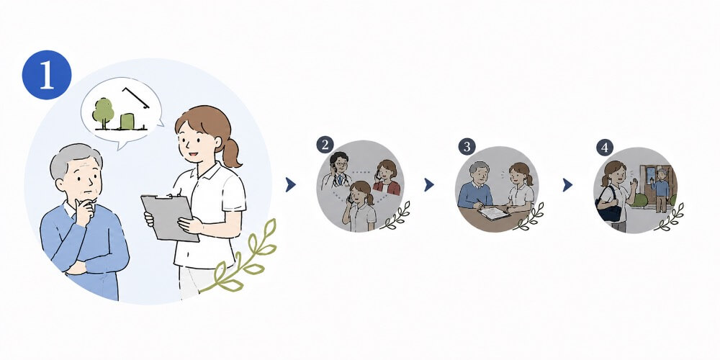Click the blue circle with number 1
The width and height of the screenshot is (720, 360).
(47, 75)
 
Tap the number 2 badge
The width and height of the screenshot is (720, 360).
(325, 145)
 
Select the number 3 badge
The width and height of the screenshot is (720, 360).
(467, 147)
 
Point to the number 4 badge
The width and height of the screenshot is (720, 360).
(605, 148)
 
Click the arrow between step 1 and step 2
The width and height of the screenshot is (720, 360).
(290, 184)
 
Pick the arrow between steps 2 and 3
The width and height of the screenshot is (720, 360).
(429, 184)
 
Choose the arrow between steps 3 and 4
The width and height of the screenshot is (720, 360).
(567, 184)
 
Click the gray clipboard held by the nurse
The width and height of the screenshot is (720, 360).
(170, 217)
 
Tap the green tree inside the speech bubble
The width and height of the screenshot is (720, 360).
(103, 112)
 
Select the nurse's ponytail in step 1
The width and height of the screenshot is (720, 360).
(231, 153)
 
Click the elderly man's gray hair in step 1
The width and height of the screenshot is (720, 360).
(73, 158)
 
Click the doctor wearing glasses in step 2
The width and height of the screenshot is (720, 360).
(338, 171)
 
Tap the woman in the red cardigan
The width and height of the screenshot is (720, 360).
(387, 178)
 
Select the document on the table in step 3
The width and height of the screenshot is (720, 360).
(494, 213)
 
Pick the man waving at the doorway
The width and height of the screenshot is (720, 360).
(661, 189)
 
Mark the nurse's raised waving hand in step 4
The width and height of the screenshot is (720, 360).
(634, 187)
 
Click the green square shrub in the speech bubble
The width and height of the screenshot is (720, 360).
(127, 121)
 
